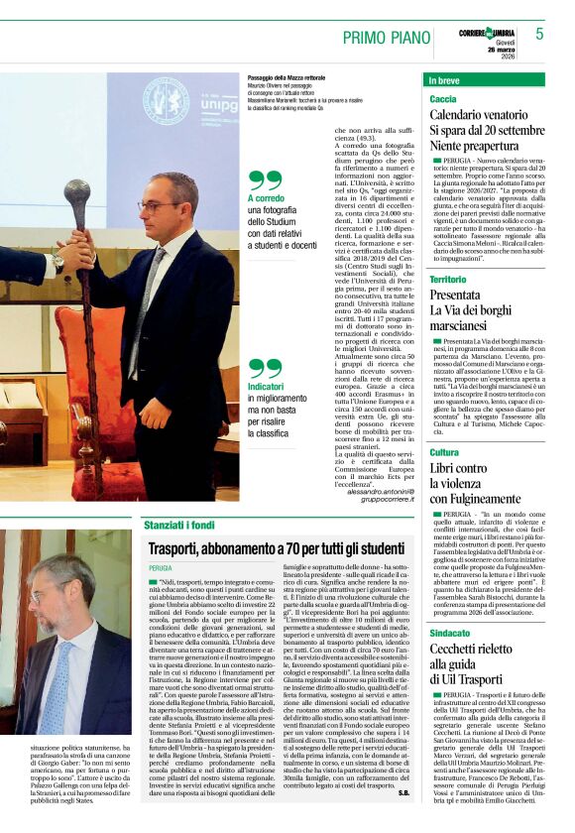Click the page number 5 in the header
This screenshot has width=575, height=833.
[540, 34]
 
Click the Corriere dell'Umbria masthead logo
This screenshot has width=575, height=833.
[486, 34]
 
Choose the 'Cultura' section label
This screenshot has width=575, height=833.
[444, 452]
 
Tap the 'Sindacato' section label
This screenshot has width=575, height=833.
[450, 632]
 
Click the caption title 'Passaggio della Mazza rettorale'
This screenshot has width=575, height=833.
[288, 77]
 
